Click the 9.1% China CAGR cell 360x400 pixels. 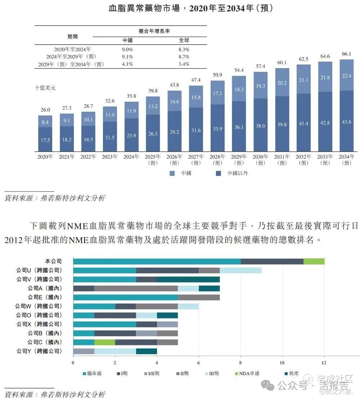pyautogui.click(x=127, y=57)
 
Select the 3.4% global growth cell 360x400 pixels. pyautogui.click(x=184, y=64)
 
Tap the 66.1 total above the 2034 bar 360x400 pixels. pyautogui.click(x=346, y=54)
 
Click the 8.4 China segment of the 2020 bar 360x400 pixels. pyautogui.click(x=45, y=122)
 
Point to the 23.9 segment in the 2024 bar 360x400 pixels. pyautogui.click(x=132, y=135)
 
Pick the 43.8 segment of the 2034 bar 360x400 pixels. pyautogui.click(x=346, y=122)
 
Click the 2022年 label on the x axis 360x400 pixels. pyautogui.click(x=88, y=157)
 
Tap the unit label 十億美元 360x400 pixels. pyautogui.click(x=45, y=87)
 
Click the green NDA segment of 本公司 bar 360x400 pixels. pyautogui.click(x=314, y=261)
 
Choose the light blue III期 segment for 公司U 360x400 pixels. pyautogui.click(x=240, y=270)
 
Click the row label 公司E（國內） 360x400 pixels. pyautogui.click(x=44, y=297)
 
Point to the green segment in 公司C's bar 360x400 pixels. pyautogui.click(x=105, y=342)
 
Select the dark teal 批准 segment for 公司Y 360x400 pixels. pyautogui.click(x=147, y=351)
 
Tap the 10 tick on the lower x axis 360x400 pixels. pyautogui.click(x=283, y=363)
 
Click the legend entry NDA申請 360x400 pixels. pyautogui.click(x=249, y=374)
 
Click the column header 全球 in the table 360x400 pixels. pyautogui.click(x=184, y=40)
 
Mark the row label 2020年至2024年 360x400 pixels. pyautogui.click(x=72, y=49)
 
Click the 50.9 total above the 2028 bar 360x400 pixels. pyautogui.click(x=217, y=75)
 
